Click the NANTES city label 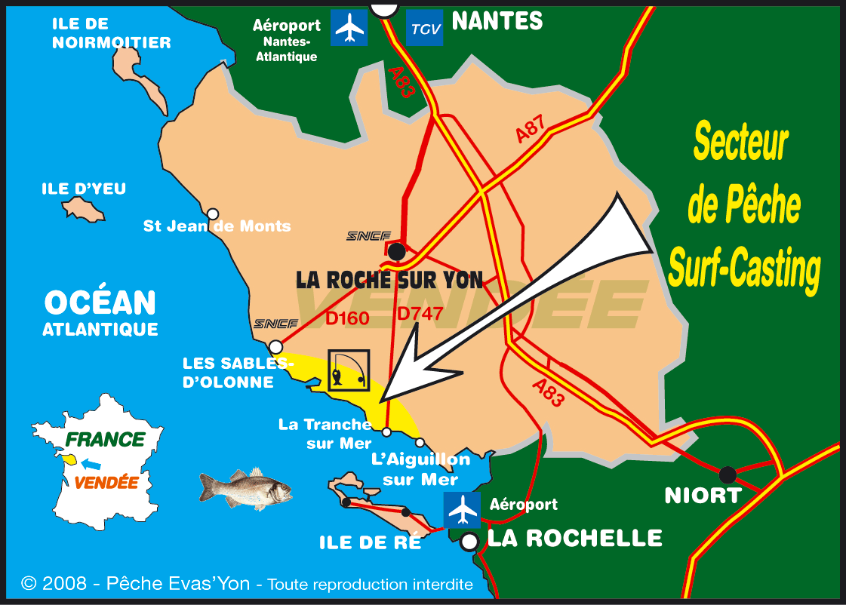[x=497, y=21]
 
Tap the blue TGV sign [x=424, y=28]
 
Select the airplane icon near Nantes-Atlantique [x=349, y=28]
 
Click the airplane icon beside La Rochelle [x=462, y=510]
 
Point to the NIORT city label [x=703, y=496]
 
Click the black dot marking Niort [x=728, y=474]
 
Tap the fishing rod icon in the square [x=349, y=370]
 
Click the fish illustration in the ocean [x=245, y=489]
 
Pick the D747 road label [x=420, y=312]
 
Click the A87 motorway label [x=531, y=130]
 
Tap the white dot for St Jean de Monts [x=214, y=213]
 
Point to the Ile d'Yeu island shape [x=83, y=209]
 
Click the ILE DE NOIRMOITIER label [x=111, y=33]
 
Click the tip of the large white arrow [x=383, y=398]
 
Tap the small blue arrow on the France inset [x=90, y=463]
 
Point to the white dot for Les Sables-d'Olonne [x=276, y=346]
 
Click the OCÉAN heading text [x=100, y=302]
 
